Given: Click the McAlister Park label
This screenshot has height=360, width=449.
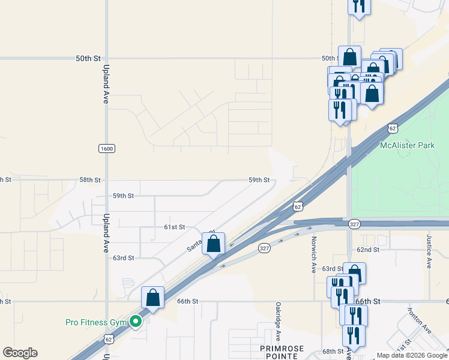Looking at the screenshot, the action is click(408, 145).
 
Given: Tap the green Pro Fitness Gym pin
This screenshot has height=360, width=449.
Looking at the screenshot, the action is click(136, 322).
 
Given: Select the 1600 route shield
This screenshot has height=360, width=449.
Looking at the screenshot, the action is click(106, 148).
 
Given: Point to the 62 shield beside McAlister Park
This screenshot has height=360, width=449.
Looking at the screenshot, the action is click(393, 128).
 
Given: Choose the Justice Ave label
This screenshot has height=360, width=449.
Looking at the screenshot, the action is click(429, 251).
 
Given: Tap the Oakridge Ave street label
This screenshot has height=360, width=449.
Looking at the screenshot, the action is click(278, 322).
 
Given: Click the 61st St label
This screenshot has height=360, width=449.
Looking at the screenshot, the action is click(174, 227).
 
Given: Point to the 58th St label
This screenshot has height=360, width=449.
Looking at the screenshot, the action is click(89, 180).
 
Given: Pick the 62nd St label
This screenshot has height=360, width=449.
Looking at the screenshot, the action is click(368, 250).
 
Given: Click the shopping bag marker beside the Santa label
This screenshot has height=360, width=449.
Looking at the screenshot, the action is click(213, 244).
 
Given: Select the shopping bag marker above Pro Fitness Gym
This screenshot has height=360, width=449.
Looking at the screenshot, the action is click(152, 298).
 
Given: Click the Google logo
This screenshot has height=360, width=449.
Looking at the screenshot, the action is click(20, 353).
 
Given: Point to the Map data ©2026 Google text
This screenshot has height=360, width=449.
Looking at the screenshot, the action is click(412, 355).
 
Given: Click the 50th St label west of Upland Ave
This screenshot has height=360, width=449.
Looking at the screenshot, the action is click(88, 58).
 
